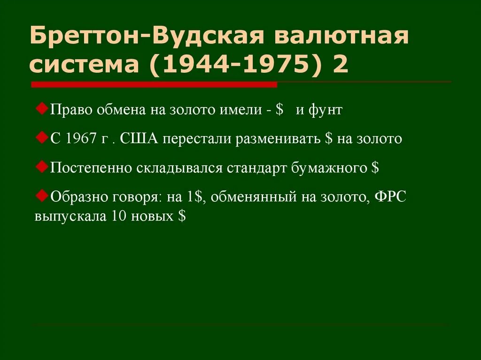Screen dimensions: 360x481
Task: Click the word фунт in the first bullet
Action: pos(326,111)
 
